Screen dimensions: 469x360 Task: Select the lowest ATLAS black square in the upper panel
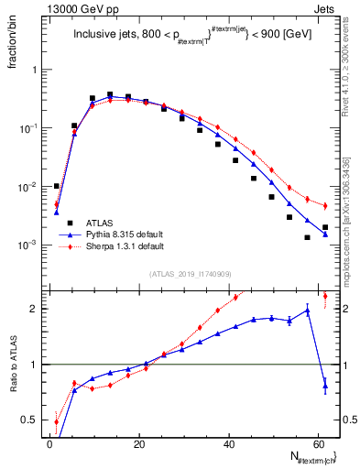pos(308,237)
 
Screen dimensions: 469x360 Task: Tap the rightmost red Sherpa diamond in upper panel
pos(325,206)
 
